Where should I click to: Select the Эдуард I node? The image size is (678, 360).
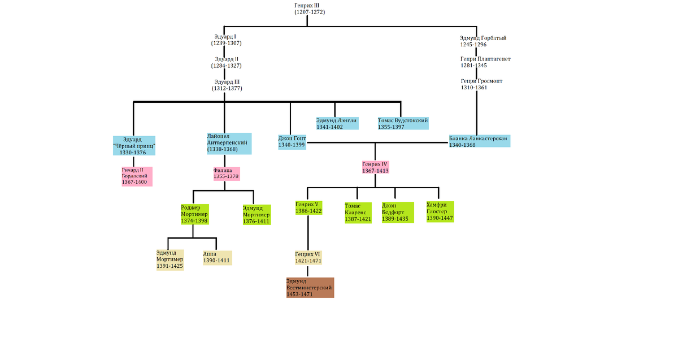[x=227, y=40]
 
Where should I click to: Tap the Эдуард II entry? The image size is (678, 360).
[x=227, y=62]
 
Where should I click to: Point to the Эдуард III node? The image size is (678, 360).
[x=227, y=85]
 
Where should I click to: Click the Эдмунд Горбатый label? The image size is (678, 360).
[x=483, y=41]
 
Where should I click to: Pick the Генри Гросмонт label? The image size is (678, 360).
[x=481, y=84]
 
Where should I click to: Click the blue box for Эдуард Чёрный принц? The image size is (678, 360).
[x=134, y=146]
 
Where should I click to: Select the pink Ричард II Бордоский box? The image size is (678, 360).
[x=137, y=176]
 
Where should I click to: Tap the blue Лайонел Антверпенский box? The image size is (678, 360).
[x=228, y=142]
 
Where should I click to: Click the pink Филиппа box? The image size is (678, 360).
[x=226, y=173]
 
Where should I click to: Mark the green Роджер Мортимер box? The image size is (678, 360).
[x=195, y=214]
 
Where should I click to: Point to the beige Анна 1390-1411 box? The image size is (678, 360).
[x=217, y=257]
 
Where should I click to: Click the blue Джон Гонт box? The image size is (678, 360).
[x=292, y=142]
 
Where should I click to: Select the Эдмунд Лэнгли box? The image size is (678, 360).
[x=337, y=123]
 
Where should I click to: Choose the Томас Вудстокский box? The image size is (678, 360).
[x=403, y=123]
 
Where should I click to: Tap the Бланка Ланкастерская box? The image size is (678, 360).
[x=479, y=141]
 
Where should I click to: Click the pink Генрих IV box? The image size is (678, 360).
[x=375, y=167]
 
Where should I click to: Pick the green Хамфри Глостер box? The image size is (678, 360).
[x=440, y=211]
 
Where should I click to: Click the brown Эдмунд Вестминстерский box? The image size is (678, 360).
[x=310, y=288]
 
